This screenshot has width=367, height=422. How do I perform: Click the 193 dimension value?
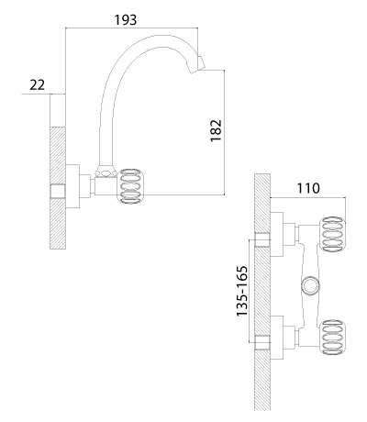pyautogui.click(x=126, y=20)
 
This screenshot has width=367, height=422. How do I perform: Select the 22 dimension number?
pyautogui.click(x=37, y=84)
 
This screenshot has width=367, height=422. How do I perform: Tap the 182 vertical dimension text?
pyautogui.click(x=216, y=130)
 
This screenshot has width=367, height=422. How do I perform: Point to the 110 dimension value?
pyautogui.click(x=308, y=188)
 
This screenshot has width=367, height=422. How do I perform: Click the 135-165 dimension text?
pyautogui.click(x=241, y=292)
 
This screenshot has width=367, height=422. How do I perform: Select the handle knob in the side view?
pyautogui.click(x=132, y=186)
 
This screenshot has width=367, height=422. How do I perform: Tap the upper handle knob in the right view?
pyautogui.click(x=333, y=235)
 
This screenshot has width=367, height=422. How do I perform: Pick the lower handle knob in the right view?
pyautogui.click(x=333, y=338)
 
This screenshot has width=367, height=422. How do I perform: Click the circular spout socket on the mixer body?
pyautogui.click(x=310, y=286)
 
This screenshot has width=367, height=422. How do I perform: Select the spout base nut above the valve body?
pyautogui.click(x=106, y=172)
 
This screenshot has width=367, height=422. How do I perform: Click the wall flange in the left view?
pyautogui.click(x=72, y=186)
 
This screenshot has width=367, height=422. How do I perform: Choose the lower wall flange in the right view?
pyautogui.click(x=277, y=338)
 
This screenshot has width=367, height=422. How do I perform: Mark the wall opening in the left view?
pyautogui.click(x=58, y=192)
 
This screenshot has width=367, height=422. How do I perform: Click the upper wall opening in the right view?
pyautogui.click(x=262, y=239)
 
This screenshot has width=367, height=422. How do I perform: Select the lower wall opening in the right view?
pyautogui.click(x=262, y=342)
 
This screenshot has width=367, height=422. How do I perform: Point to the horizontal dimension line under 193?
pyautogui.click(x=132, y=28)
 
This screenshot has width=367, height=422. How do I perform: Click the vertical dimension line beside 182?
pyautogui.click(x=225, y=132)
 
